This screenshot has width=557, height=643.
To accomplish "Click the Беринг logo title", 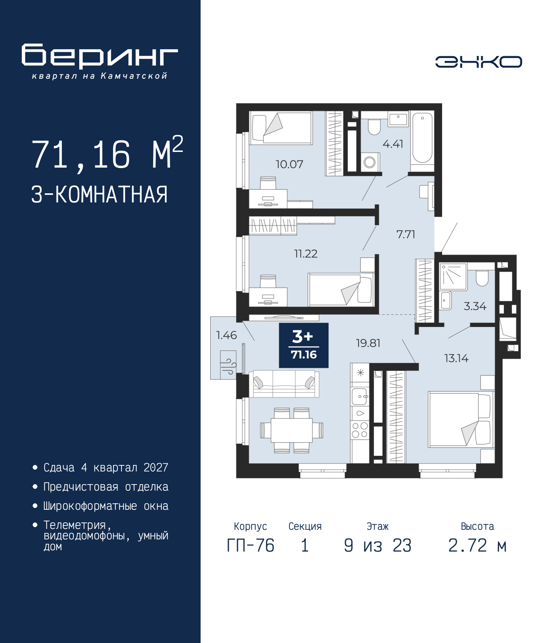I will tap(100, 56).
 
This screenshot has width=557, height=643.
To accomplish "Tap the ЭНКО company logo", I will tap(478, 62).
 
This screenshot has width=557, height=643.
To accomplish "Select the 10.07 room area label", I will tap(289, 164).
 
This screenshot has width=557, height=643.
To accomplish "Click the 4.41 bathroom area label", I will tap(393, 144).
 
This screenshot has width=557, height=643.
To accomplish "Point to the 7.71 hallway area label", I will tap(406, 234).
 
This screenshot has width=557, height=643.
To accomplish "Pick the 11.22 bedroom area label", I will tap(305, 253).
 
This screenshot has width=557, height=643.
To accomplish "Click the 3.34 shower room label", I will tap(475, 306).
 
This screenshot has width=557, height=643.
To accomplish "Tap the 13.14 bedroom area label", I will tap(456, 358).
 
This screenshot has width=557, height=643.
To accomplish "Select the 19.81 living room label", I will tap(368, 343).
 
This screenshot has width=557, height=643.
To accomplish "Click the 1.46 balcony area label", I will tap(226, 335).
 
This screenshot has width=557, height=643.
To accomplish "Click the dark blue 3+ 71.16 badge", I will tap(304, 345).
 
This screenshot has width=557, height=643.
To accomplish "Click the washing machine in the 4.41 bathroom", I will tap(370, 162).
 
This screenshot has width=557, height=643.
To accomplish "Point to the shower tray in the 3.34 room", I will tap(453, 276).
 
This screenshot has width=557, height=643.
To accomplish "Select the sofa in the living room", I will tap(284, 384).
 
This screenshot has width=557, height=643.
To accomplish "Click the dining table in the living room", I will tap(292, 430).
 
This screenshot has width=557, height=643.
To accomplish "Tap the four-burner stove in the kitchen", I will tap(360, 430).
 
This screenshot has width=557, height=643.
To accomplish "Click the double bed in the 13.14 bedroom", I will tap(460, 419).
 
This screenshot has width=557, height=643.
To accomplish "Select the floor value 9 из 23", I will tap(377, 545).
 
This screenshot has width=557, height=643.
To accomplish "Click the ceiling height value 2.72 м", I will tap(477, 545).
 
